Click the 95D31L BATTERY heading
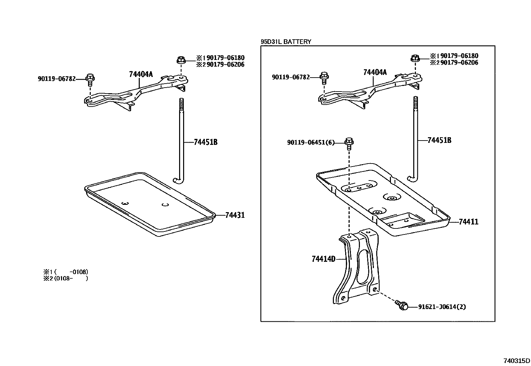pyautogui.click(x=286, y=42)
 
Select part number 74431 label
pyautogui.click(x=235, y=215)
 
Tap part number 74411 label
pyautogui.click(x=468, y=222)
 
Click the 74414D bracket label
pyautogui.click(x=323, y=259)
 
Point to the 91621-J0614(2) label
pyautogui.click(x=442, y=307)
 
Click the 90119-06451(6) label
pyautogui.click(x=311, y=143)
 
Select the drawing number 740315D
pyautogui.click(x=517, y=361)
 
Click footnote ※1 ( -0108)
pyautogui.click(x=66, y=272)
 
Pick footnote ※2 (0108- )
pyautogui.click(x=66, y=278)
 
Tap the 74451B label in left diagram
pyautogui.click(x=205, y=142)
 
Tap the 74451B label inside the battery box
pyautogui.click(x=439, y=140)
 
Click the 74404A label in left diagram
pyautogui.click(x=141, y=74)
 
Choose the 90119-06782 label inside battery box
pyautogui.click(x=291, y=77)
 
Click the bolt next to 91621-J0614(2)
pyautogui.click(x=402, y=305)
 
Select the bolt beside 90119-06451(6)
pyautogui.click(x=349, y=142)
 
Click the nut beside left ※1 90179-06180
pyautogui.click(x=180, y=61)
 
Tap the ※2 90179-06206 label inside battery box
pyautogui.click(x=454, y=63)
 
